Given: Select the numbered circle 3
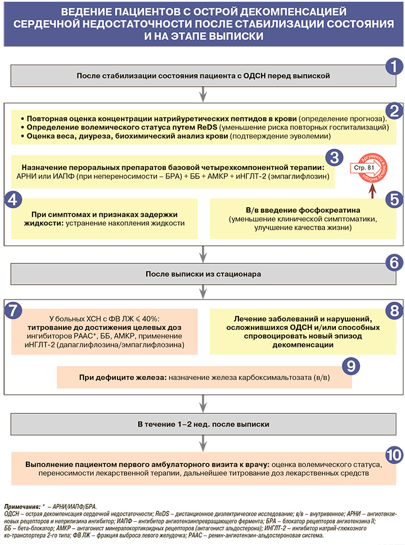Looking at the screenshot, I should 333,157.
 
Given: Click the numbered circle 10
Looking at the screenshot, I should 393,454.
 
